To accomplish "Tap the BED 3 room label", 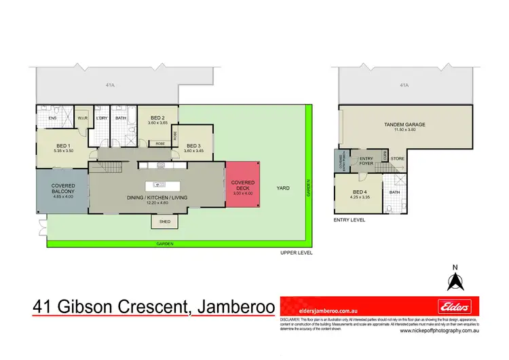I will [193, 146].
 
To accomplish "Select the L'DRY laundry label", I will [102, 118].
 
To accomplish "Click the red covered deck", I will [243, 187].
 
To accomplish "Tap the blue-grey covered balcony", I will [62, 190].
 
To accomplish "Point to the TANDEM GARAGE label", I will [404, 127].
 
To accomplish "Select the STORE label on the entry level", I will [398, 160].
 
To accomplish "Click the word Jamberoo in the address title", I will [234, 307].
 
